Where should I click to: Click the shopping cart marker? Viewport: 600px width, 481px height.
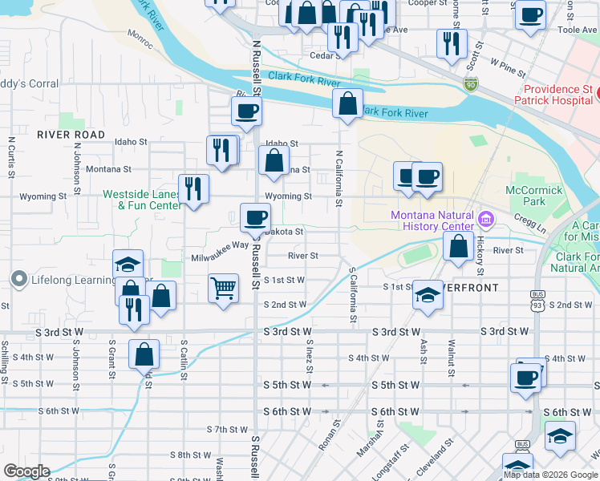(x=224, y=288)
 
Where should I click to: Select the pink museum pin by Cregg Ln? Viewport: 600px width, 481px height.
(x=484, y=219)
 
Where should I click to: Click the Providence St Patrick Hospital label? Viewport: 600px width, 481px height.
(x=558, y=96)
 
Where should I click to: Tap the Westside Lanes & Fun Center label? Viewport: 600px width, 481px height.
(x=142, y=200)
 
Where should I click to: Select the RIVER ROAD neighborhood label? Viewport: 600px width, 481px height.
(x=71, y=135)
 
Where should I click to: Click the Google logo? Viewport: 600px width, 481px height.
(x=26, y=471)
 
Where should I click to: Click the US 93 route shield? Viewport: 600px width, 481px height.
(x=535, y=305)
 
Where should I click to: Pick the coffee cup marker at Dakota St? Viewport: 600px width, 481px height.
(x=255, y=217)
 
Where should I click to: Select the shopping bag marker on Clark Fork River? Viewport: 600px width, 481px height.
(x=347, y=104)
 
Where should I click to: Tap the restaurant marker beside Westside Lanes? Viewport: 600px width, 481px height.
(x=193, y=189)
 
